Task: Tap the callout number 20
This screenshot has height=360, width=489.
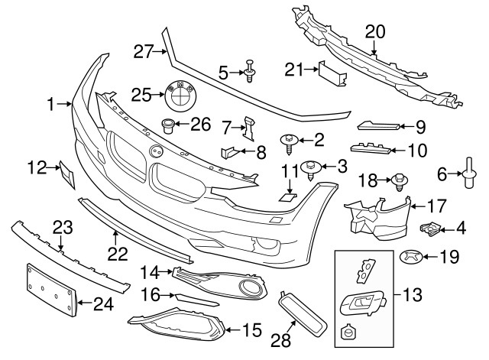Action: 375,31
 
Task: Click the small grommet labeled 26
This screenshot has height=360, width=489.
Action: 168,124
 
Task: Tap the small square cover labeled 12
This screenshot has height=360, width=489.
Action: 68,175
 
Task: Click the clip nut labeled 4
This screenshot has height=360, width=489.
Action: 433,227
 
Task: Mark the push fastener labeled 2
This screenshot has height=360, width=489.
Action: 291,141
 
